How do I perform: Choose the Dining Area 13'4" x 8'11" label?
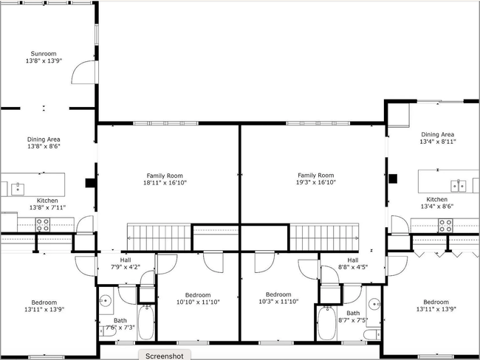click(x=436, y=138)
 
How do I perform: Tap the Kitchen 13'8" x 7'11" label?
click(x=47, y=204)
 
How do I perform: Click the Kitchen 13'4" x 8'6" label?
click(x=436, y=203)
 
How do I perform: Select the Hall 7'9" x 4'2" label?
click(x=125, y=263)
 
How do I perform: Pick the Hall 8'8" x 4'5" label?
click(x=352, y=264)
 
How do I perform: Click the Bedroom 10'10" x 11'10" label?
click(x=197, y=298)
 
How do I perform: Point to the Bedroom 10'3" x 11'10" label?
click(x=278, y=298)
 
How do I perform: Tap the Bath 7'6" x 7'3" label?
click(x=120, y=325)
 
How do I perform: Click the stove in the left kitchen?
click(x=43, y=224)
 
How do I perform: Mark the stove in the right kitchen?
click(x=445, y=224)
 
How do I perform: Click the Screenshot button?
click(x=164, y=355)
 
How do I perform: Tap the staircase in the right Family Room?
click(x=322, y=238)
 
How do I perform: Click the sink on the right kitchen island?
click(x=459, y=184)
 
